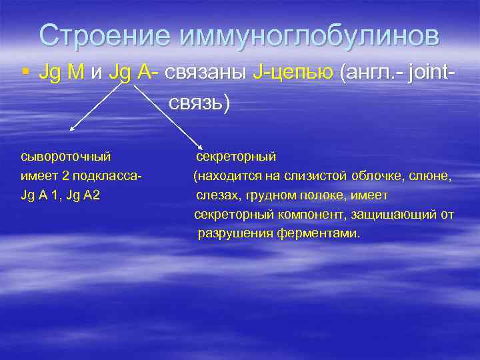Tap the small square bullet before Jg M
pyautogui.click(x=25, y=73)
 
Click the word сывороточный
pyautogui.click(x=66, y=157)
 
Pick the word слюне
pyautogui.click(x=431, y=176)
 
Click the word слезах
pyautogui.click(x=217, y=195)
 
